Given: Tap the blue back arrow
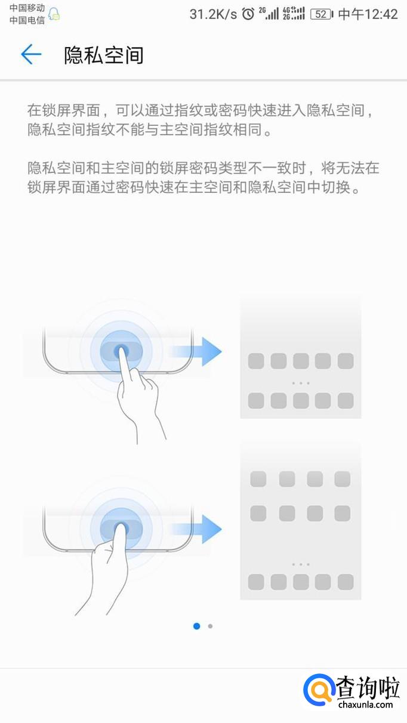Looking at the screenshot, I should point(30,55).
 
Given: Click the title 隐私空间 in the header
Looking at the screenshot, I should point(104,55).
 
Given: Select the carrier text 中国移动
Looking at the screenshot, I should point(27,8).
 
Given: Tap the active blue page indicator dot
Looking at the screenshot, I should point(196,626).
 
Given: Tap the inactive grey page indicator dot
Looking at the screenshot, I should point(210,626).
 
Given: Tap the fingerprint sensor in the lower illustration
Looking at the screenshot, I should point(121,528).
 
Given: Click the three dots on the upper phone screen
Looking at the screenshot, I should point(300,382).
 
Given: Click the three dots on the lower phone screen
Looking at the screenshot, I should point(300,564).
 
